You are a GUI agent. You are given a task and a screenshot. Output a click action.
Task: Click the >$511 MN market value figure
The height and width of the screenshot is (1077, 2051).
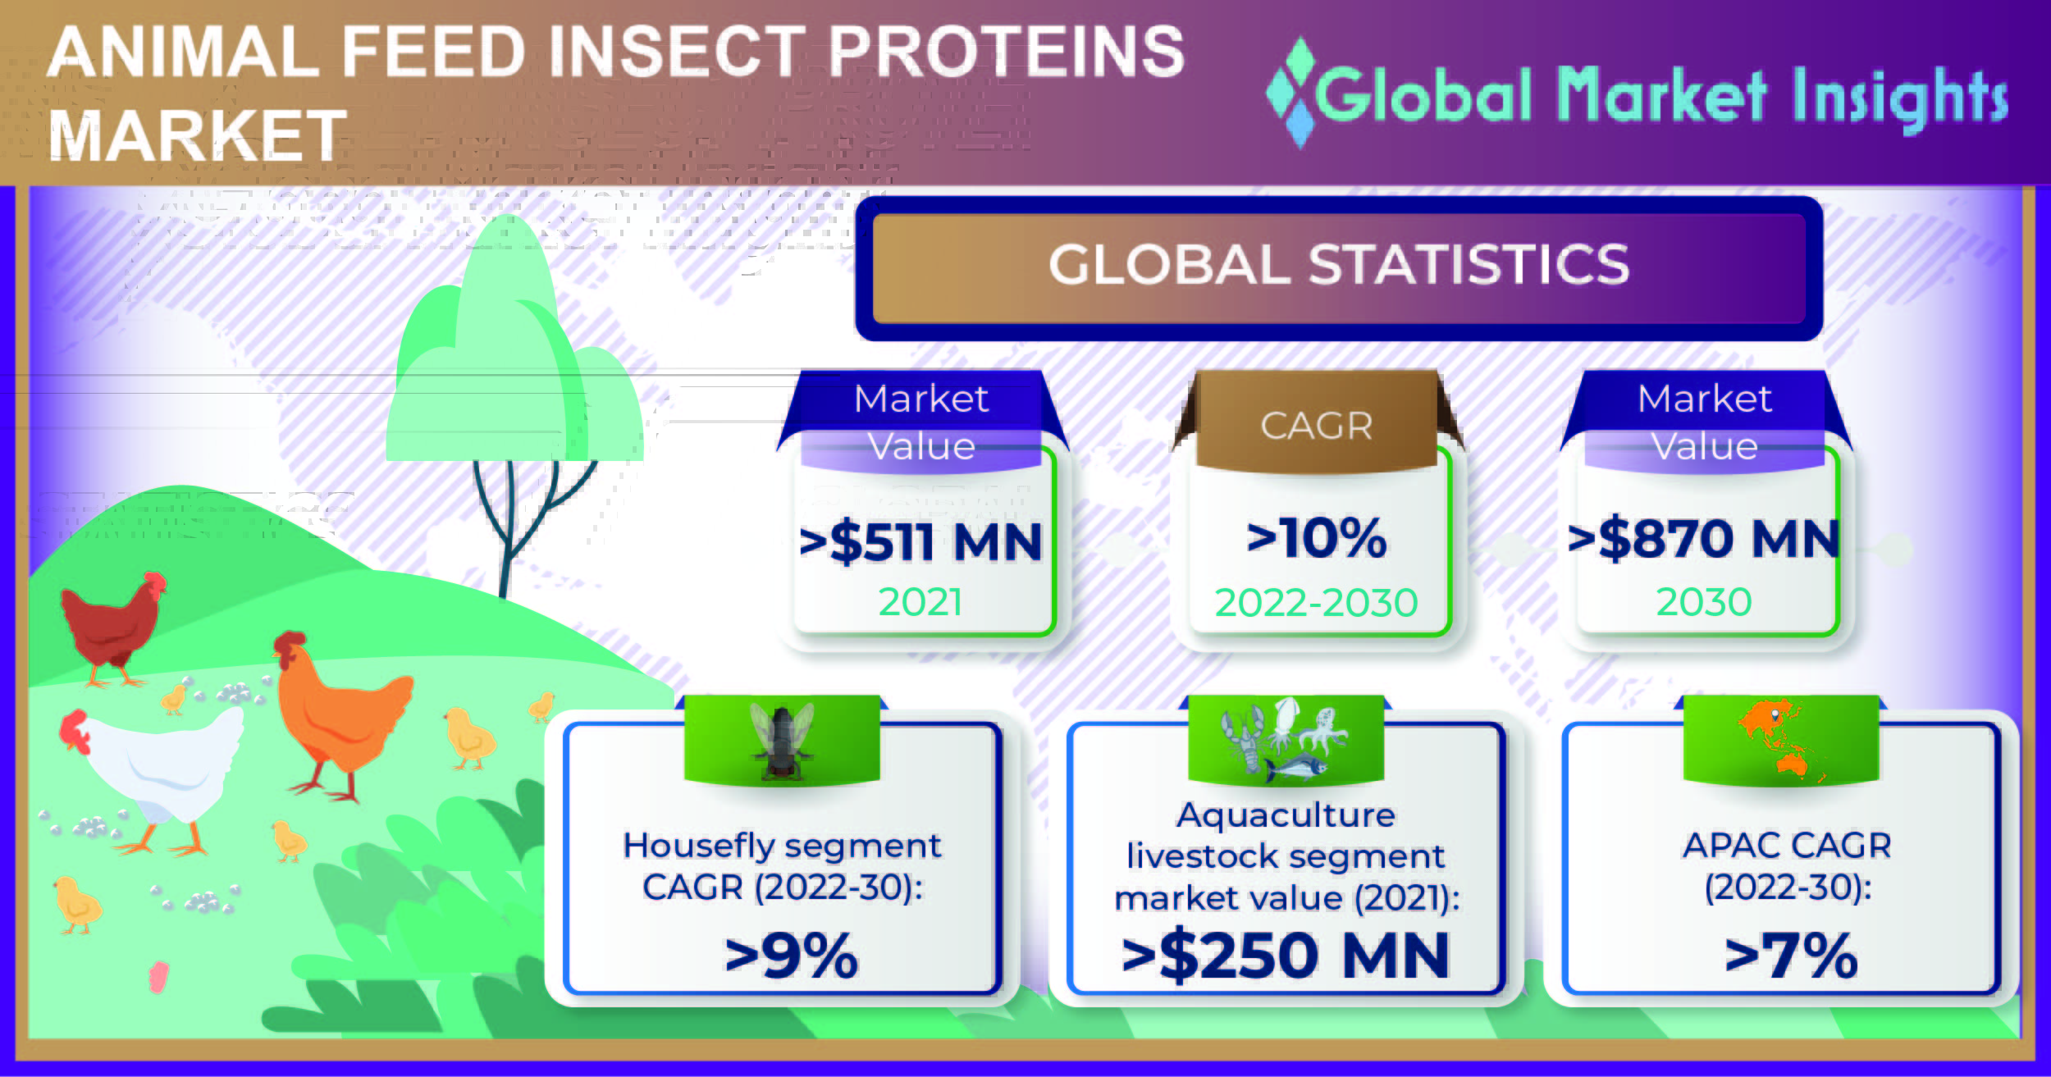(x=920, y=542)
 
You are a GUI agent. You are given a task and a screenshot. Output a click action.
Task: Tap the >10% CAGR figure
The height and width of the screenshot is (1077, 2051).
(x=1316, y=539)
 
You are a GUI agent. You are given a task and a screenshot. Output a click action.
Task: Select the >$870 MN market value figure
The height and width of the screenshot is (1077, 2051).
(x=1704, y=539)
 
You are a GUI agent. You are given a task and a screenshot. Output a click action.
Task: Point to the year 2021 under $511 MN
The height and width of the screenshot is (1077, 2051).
(x=920, y=602)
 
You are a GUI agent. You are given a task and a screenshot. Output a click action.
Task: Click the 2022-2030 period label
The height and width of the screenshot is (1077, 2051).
(x=1316, y=603)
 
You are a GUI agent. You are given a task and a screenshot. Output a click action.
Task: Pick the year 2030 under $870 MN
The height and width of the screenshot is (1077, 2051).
(x=1704, y=602)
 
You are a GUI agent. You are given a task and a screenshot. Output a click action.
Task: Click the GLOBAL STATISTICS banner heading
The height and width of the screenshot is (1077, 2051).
(x=1339, y=265)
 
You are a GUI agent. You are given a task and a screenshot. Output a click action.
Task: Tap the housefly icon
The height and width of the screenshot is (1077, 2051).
(x=782, y=741)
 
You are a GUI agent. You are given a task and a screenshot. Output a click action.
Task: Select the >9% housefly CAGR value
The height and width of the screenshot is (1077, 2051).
(x=791, y=956)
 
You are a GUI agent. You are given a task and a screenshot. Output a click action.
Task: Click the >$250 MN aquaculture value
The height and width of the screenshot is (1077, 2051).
(x=1286, y=956)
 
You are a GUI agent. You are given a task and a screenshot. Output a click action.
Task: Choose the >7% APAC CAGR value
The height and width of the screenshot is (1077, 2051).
(x=1791, y=956)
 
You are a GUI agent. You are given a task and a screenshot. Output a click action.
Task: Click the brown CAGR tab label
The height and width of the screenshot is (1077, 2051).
(x=1316, y=426)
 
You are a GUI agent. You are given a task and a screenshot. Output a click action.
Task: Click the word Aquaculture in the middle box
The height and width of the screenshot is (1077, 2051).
(x=1286, y=815)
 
